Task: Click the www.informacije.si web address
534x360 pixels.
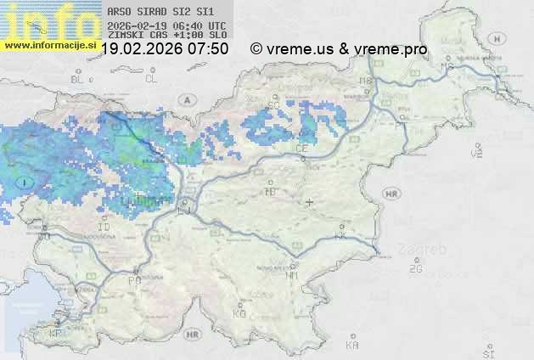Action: click(x=49, y=45)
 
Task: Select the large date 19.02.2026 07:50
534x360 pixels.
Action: click(x=164, y=49)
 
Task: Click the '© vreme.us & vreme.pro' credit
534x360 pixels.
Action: click(x=339, y=49)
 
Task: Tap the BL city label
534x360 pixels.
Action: click(x=78, y=79)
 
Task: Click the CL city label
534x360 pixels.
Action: click(x=151, y=79)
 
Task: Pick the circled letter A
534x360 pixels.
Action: click(x=185, y=99)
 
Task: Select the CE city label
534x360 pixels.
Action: click(x=301, y=148)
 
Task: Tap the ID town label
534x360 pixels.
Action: click(x=104, y=228)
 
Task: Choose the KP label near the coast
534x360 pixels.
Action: click(x=55, y=334)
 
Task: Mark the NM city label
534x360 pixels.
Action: click(x=292, y=276)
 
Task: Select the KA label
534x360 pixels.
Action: click(x=352, y=346)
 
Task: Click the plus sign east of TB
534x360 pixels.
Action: click(x=309, y=202)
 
